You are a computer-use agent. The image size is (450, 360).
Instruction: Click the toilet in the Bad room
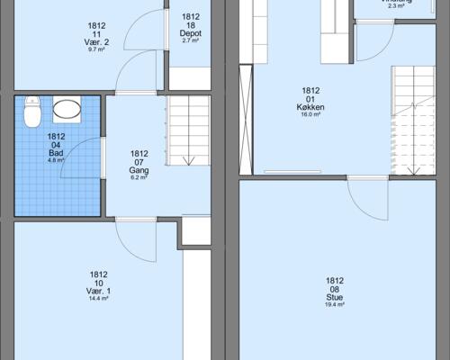(32, 112)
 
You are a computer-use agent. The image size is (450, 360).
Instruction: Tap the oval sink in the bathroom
(67, 110)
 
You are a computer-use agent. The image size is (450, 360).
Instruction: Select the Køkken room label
(310, 107)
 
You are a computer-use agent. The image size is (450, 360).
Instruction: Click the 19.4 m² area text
(335, 305)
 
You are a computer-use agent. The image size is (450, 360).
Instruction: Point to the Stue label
(335, 297)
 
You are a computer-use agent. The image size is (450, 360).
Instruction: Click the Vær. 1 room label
(99, 292)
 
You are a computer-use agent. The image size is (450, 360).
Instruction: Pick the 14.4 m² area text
(99, 299)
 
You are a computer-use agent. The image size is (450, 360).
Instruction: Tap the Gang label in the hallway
(139, 169)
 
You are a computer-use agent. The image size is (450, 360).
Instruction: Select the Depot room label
(191, 33)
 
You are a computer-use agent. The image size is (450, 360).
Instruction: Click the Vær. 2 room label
(99, 42)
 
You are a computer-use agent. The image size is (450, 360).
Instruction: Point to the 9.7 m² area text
(99, 49)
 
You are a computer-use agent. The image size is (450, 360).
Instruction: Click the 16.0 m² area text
(310, 115)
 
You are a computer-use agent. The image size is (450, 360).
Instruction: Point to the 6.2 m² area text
(139, 177)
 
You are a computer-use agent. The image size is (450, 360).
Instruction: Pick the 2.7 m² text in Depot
(191, 41)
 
